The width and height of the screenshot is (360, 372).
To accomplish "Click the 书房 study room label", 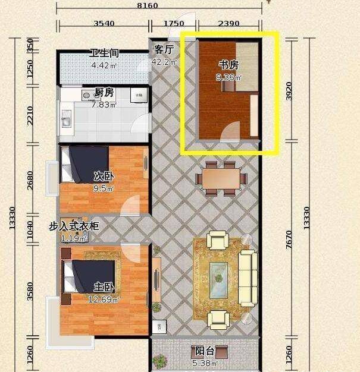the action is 228,65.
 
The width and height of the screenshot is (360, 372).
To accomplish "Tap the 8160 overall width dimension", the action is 148,5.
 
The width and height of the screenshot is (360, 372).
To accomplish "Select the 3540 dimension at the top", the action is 104,23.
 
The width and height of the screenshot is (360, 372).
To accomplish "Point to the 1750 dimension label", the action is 174,23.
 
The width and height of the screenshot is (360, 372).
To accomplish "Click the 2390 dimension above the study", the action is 228,23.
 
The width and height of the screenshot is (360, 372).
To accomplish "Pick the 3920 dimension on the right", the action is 289,91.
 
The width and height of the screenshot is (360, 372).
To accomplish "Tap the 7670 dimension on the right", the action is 289,239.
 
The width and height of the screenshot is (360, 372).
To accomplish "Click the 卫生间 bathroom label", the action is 104,53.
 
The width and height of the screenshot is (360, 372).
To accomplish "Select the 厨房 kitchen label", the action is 104,92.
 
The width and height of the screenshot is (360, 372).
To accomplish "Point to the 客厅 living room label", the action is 164,49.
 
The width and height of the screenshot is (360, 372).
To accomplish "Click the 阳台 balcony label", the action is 205,351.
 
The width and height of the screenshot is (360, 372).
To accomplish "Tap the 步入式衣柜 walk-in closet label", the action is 74,226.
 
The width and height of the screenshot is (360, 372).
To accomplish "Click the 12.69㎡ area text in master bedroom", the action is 104,300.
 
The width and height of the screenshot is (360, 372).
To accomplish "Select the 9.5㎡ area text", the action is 104,188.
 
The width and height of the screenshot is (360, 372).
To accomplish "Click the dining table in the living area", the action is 221,178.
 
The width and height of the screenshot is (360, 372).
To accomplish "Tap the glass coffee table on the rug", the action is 218,280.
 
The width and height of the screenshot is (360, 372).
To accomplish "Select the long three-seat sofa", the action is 248,278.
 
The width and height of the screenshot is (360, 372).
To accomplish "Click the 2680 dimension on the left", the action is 30,180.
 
